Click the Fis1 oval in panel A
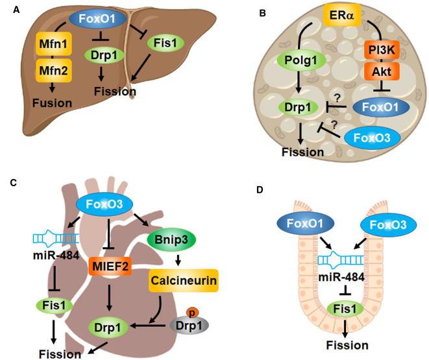pyautogui.click(x=162, y=44)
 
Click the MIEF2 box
pyautogui.click(x=108, y=265)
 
